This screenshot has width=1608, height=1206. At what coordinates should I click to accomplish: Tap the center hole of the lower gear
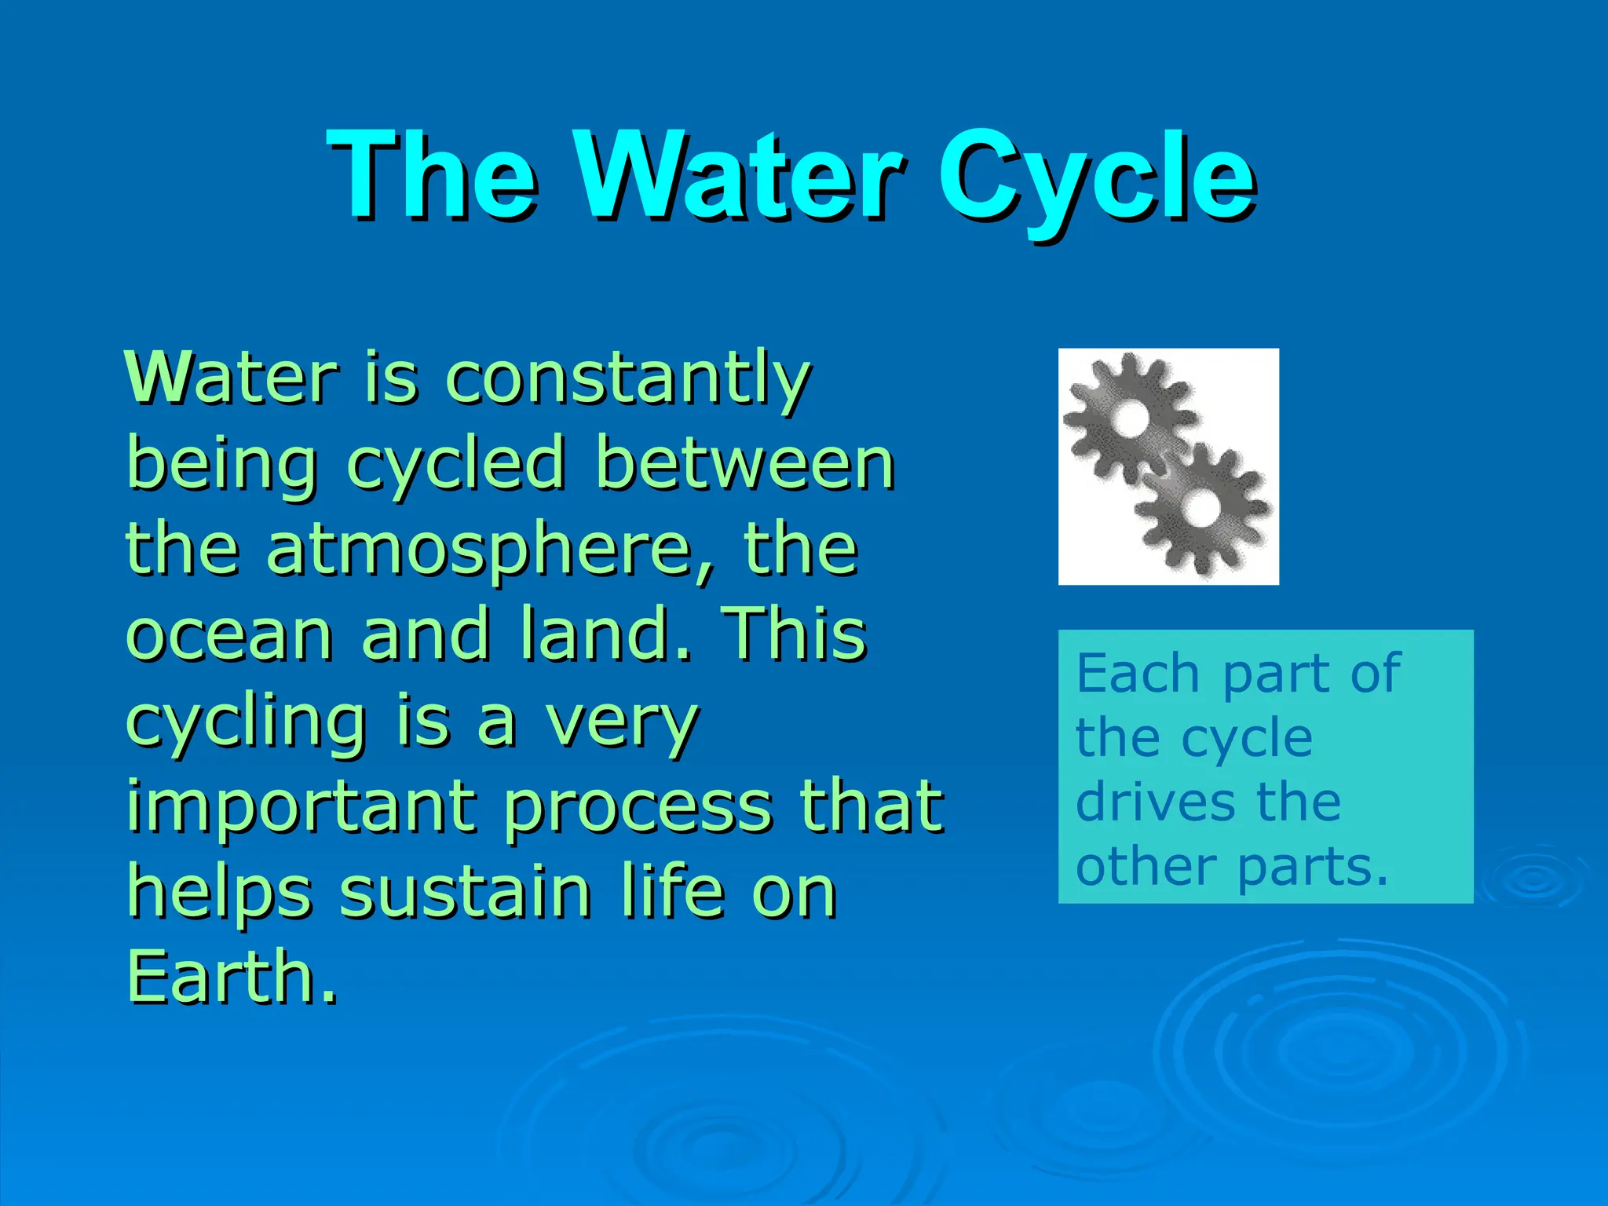tap(1200, 507)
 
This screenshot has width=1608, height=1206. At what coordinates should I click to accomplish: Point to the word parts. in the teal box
tap(1313, 868)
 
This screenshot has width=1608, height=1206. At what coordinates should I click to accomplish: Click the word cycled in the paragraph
tap(455, 465)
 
